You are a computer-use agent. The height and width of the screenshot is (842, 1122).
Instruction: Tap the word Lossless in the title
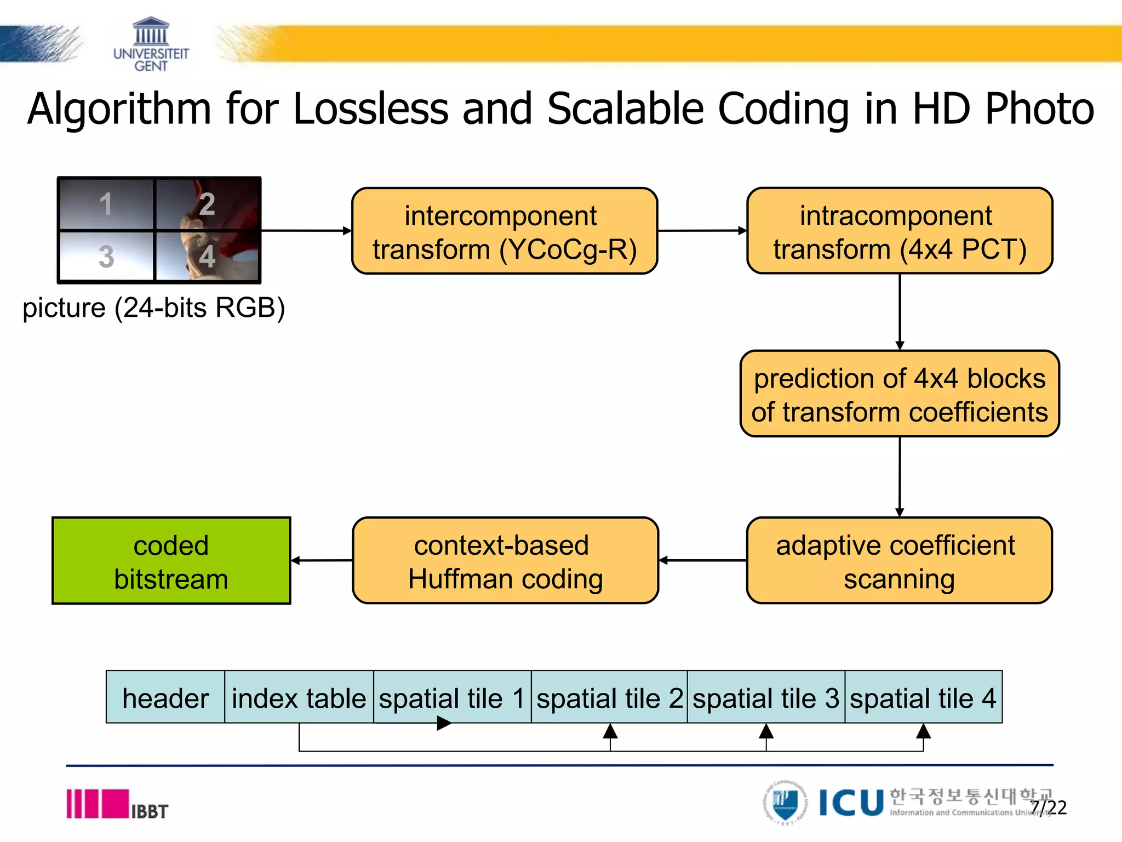[371, 109]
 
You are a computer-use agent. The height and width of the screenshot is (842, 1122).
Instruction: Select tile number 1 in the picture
[106, 204]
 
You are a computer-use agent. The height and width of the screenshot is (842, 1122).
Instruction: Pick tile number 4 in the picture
[207, 256]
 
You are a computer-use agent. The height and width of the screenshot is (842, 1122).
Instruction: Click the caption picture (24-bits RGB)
[153, 308]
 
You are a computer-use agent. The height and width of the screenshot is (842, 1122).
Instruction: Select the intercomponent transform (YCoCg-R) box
[505, 231]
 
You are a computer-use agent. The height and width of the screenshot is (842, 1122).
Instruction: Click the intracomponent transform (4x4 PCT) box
[900, 231]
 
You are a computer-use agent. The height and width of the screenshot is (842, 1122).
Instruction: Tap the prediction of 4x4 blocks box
[900, 394]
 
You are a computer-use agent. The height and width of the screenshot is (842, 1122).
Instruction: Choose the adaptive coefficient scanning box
[900, 561]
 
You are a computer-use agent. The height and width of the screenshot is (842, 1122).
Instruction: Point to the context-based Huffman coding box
[505, 561]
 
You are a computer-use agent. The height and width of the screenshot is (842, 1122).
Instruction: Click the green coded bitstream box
[171, 561]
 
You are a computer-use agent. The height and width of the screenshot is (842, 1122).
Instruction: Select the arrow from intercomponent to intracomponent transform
[702, 231]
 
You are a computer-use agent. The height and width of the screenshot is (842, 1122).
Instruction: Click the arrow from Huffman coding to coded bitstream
[322, 560]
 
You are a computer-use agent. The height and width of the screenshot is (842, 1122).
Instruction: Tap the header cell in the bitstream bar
[165, 697]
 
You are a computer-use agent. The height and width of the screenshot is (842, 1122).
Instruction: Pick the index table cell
[299, 697]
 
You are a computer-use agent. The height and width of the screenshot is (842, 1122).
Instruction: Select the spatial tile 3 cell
[766, 697]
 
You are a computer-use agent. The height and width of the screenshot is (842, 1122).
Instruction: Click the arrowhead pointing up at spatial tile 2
[610, 731]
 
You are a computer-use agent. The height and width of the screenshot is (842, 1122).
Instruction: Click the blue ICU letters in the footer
[851, 803]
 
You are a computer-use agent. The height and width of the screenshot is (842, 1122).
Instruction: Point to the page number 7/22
[1049, 807]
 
